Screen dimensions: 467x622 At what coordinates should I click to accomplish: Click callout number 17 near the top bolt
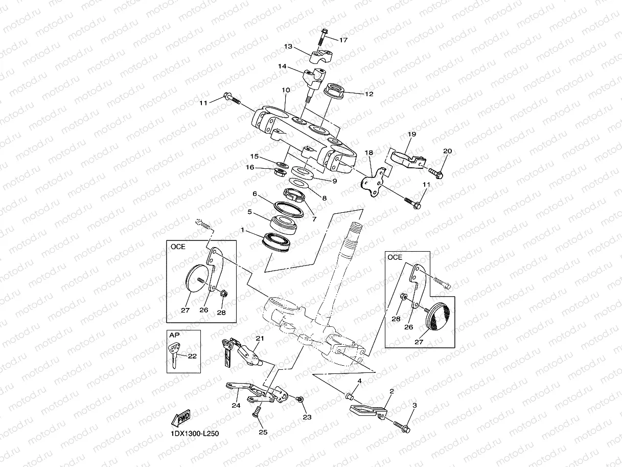pos(343,40)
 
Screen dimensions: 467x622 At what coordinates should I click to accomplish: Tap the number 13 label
pos(288,47)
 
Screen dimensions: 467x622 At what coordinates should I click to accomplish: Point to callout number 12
pos(368,94)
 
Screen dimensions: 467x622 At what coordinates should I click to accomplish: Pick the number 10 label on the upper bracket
pos(285,90)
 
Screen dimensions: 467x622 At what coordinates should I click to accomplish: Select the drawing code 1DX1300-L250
pos(194,434)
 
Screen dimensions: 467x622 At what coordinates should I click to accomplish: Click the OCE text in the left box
pos(178,247)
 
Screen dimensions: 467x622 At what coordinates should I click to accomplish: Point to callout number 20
pos(447,151)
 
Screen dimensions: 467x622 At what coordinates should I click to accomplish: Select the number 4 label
pos(359,381)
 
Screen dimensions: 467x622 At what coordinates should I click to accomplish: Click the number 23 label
pos(306,417)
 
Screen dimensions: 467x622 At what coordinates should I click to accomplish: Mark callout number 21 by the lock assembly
pos(260,339)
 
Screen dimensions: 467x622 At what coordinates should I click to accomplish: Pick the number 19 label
pos(412,134)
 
